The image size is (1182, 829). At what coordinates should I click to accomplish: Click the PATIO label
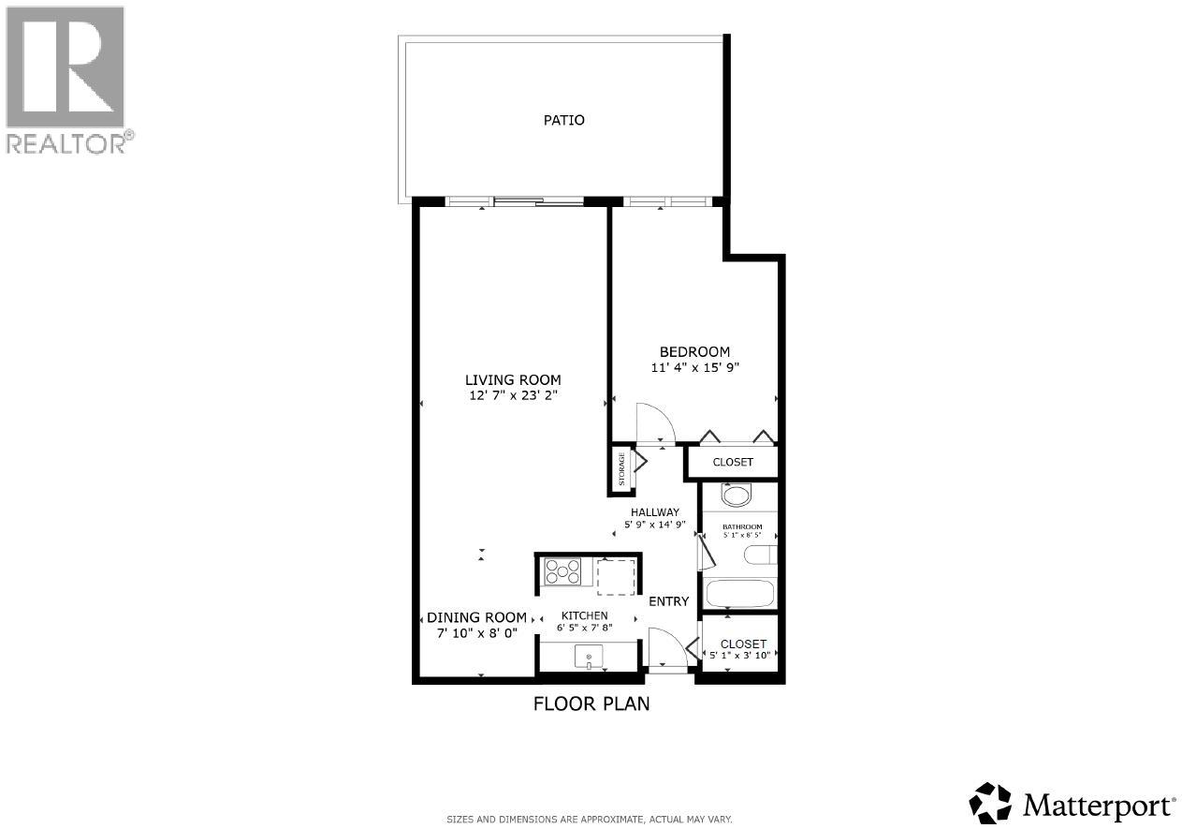pos(564,120)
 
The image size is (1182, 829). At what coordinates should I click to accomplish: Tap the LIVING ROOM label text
pos(513,379)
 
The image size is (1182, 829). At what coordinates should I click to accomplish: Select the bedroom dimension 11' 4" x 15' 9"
pos(695,368)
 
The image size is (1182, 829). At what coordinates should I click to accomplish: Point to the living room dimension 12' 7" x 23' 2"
pos(513,395)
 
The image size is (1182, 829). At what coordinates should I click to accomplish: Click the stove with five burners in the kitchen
pos(563,571)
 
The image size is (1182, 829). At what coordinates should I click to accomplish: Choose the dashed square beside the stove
pos(616,576)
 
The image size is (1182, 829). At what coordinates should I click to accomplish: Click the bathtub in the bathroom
pos(739,594)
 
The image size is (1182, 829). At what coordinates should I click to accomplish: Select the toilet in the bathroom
pos(761,555)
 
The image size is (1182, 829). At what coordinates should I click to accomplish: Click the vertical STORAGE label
pos(620,469)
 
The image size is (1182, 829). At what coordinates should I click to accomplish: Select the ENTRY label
pos(668,601)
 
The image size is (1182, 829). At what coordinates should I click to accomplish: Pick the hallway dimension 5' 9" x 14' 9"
pos(655,525)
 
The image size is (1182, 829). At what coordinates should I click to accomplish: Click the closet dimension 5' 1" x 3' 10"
pos(739,656)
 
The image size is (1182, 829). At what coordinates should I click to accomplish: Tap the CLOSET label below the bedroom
pos(733,462)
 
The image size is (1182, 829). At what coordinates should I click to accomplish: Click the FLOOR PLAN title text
pos(591,703)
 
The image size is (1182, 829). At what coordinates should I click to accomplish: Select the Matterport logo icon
pos(990,803)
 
